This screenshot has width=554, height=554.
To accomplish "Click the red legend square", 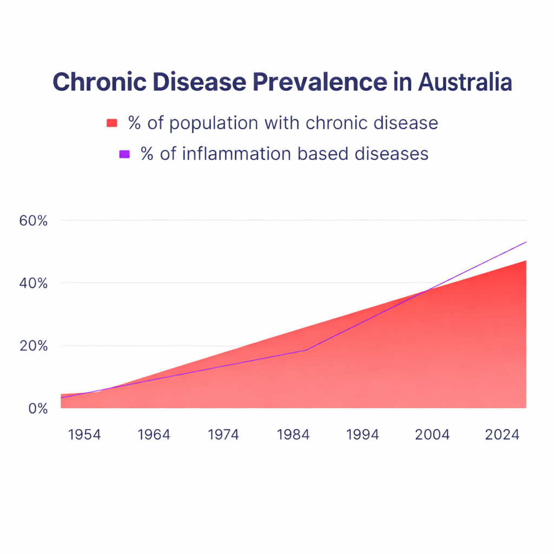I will (x=112, y=123).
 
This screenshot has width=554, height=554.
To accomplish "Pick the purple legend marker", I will (x=124, y=154).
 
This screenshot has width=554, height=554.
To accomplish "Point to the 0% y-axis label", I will (x=38, y=408).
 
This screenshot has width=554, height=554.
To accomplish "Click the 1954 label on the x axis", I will (x=84, y=434).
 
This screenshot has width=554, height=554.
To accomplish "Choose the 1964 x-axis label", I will (x=154, y=434).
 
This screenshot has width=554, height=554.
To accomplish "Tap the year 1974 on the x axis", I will (x=223, y=434).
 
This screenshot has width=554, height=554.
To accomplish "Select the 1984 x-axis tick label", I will (x=293, y=434).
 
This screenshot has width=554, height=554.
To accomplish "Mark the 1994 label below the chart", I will (x=362, y=434).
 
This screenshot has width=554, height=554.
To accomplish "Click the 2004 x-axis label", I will (x=432, y=434).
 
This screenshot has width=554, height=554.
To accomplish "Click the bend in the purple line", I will (x=306, y=350).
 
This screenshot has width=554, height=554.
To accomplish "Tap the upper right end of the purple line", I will (x=525, y=242).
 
